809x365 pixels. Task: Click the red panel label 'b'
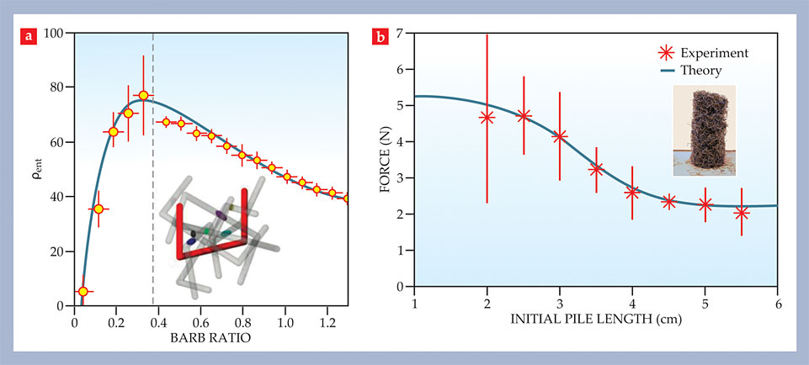point(380,36)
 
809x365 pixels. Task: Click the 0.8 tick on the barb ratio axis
point(242,320)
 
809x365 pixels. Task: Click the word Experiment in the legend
point(717,53)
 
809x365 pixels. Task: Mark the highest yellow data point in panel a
point(143,96)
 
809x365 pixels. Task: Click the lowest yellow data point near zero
point(82,291)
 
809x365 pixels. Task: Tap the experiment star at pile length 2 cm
point(487,117)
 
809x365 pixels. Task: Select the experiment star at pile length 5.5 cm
point(741,213)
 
